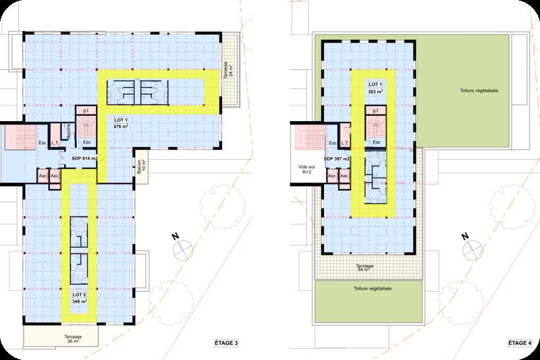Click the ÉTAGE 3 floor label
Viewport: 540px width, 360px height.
point(228,342)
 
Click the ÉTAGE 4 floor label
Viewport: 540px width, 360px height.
point(519,342)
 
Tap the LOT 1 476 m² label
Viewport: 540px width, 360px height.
point(121,122)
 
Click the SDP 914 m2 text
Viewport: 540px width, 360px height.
point(84,159)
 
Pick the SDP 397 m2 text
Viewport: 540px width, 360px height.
point(337,159)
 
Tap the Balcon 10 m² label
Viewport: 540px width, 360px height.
point(140,167)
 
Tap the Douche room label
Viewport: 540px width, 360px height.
point(67,130)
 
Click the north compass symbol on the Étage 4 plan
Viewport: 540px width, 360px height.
point(470,248)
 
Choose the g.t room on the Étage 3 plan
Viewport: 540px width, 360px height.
point(86,111)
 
